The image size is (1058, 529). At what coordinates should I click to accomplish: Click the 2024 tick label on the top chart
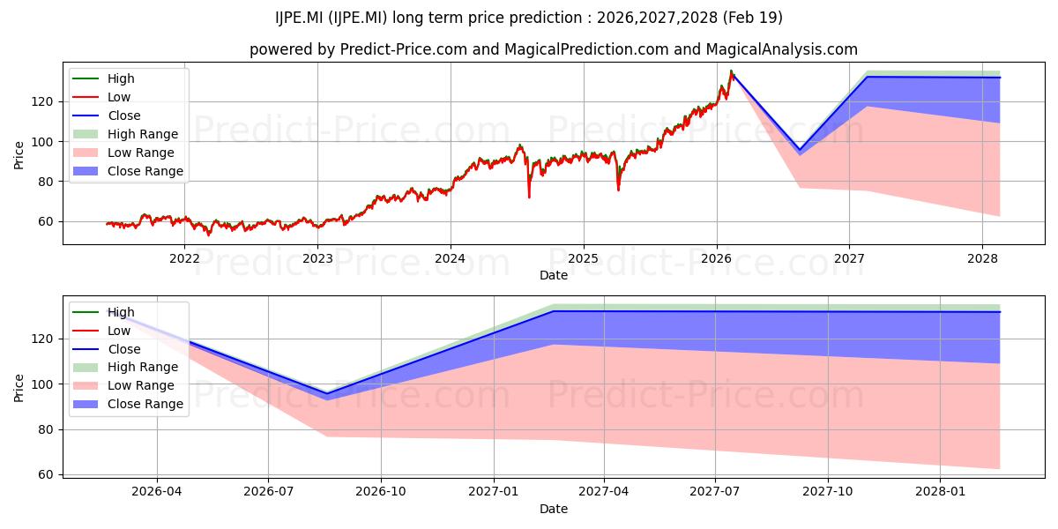click(x=451, y=259)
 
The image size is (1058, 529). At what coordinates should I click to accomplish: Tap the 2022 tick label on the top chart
click(x=184, y=259)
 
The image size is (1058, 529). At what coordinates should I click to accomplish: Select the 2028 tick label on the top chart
click(x=982, y=259)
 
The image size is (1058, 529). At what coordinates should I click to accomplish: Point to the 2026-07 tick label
click(x=268, y=492)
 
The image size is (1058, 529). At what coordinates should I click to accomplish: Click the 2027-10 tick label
click(x=828, y=492)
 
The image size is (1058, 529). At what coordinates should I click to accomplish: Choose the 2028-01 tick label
click(x=940, y=492)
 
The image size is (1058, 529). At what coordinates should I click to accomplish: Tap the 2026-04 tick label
click(x=156, y=492)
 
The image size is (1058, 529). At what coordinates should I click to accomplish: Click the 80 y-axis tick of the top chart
click(x=45, y=182)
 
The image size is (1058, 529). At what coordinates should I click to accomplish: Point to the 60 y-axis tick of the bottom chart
click(x=45, y=474)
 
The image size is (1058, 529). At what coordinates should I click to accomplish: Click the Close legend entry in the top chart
click(x=124, y=115)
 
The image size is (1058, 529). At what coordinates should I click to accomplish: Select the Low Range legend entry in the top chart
click(x=141, y=153)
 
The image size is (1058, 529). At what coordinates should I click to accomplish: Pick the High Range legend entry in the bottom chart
click(x=143, y=367)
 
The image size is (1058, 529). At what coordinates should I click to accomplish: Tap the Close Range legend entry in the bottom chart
click(x=145, y=404)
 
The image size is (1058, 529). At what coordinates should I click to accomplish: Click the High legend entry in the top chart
click(x=121, y=78)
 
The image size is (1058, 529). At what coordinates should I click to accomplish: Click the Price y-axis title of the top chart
click(x=19, y=155)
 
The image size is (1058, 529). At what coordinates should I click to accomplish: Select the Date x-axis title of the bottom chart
click(x=554, y=509)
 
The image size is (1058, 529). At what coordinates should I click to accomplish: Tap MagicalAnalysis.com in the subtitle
click(x=782, y=49)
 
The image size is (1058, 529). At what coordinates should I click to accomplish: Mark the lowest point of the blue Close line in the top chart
click(x=800, y=150)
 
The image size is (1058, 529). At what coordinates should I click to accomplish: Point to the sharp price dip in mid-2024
click(x=529, y=195)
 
